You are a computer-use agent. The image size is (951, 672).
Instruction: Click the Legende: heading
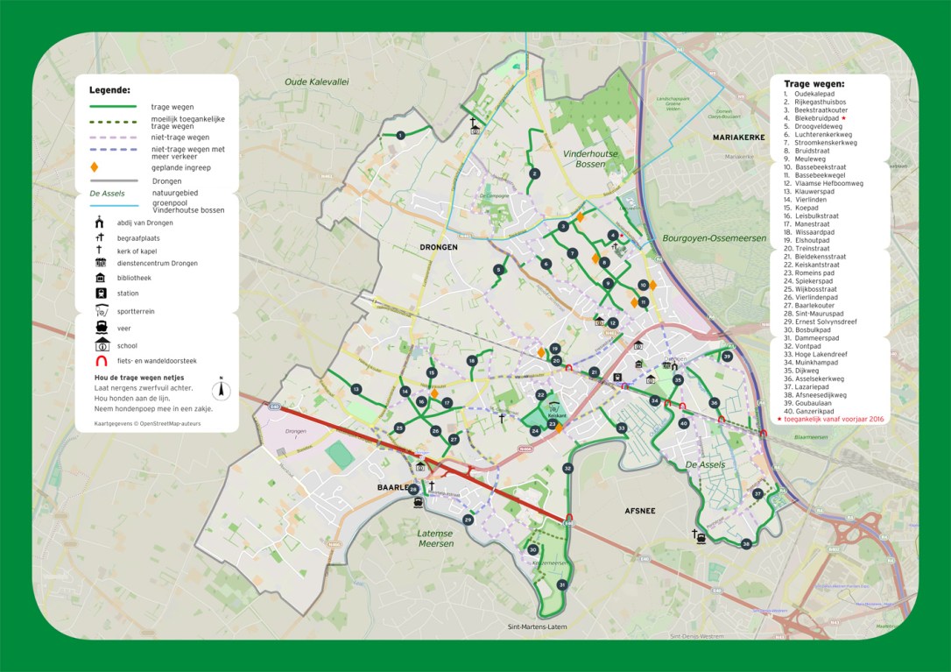[109, 90]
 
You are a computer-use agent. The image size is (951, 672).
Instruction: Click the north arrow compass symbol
[222, 388]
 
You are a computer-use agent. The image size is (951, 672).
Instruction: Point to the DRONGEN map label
[437, 248]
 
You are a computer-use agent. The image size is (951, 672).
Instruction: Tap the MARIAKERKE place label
[739, 138]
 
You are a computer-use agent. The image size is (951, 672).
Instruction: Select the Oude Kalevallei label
[316, 81]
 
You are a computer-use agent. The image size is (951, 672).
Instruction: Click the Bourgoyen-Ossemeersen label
[715, 238]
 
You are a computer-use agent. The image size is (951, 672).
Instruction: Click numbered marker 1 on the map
[400, 135]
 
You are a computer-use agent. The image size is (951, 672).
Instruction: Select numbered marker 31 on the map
[561, 584]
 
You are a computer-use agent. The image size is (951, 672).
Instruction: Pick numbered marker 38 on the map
[746, 544]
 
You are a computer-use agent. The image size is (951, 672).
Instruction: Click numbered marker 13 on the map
[356, 389]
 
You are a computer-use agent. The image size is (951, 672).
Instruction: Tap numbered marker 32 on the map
[567, 469]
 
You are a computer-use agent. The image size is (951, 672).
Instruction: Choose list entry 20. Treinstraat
[807, 249]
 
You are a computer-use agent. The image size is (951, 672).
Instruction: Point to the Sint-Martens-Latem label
[538, 627]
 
